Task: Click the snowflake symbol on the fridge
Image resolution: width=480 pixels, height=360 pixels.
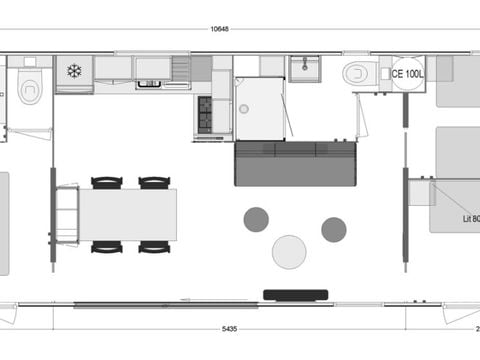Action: point(74,71)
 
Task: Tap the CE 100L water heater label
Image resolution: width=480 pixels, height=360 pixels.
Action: point(408,73)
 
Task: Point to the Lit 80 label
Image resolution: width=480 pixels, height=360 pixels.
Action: point(470,218)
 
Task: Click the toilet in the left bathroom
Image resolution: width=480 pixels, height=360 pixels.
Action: point(30,90)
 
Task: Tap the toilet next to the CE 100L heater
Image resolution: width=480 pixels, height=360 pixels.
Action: point(357,73)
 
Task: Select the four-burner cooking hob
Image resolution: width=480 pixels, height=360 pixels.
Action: point(205,114)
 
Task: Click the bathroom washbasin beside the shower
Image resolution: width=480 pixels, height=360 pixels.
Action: point(304,68)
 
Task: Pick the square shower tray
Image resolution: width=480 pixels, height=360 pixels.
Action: point(259,109)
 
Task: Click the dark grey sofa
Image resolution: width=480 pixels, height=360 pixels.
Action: point(295,163)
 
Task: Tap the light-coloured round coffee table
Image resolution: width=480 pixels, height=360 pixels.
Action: point(289,251)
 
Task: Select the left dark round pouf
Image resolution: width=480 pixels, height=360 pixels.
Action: point(256,219)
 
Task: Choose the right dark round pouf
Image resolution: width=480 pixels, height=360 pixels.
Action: point(334,229)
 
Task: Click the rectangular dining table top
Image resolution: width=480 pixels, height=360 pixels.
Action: point(127,214)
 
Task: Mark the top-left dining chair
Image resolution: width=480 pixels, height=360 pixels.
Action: point(107,182)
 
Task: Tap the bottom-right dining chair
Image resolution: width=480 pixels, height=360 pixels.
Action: point(154,246)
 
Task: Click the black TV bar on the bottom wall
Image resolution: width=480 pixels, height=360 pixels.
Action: point(295,293)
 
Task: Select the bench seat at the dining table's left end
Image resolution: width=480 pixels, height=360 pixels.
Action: point(66,214)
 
